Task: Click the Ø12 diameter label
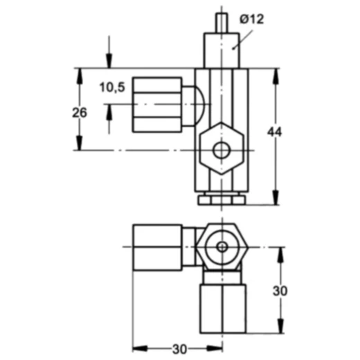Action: [252, 19]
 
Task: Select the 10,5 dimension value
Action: [112, 87]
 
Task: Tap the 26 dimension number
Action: [80, 113]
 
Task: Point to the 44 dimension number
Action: [274, 132]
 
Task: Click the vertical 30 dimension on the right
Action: [280, 291]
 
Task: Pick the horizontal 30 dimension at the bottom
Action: [179, 349]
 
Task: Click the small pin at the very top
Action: [222, 23]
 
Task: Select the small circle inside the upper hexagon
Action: [222, 151]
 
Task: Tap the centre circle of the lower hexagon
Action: [222, 247]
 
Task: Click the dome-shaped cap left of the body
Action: [193, 106]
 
